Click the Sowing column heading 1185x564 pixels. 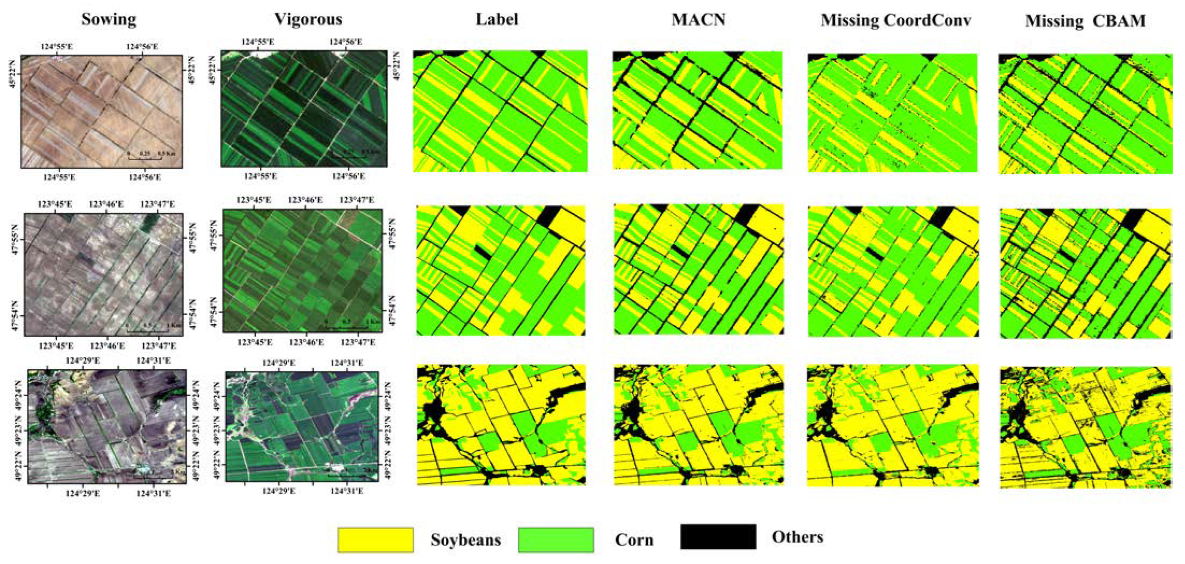(109, 19)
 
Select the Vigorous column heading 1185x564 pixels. (308, 19)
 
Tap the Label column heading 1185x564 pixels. (497, 19)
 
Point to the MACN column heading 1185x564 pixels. (698, 20)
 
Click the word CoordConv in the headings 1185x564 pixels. (927, 20)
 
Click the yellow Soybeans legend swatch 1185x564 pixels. (376, 540)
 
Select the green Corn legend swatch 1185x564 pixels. (556, 540)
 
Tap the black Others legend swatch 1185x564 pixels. (718, 537)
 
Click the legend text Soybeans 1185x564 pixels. (465, 540)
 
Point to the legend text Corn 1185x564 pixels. (634, 540)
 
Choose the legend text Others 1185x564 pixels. (797, 537)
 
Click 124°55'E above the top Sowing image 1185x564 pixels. (57, 47)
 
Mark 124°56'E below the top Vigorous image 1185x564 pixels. (349, 176)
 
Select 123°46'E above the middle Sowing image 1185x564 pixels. (106, 204)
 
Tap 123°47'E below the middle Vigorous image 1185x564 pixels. (358, 342)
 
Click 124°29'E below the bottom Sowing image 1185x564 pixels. (83, 493)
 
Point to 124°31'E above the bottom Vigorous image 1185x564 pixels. (346, 363)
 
